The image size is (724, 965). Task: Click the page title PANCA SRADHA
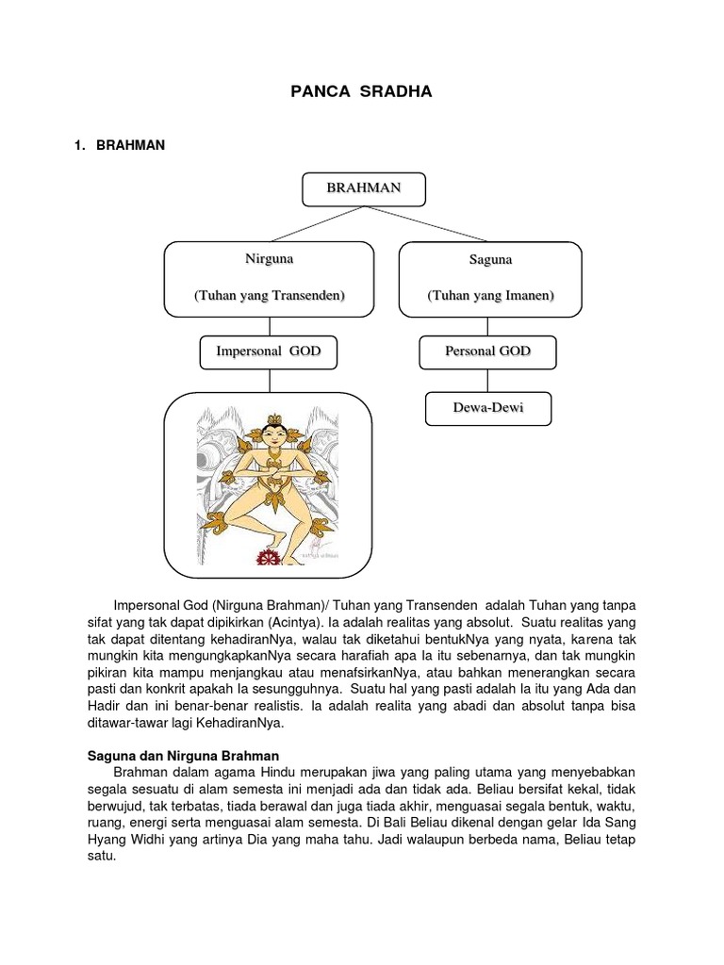pyautogui.click(x=362, y=92)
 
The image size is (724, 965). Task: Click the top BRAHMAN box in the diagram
pyautogui.click(x=363, y=188)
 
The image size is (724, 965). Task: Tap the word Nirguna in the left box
pyautogui.click(x=270, y=258)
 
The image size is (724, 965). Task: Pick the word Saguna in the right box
pyautogui.click(x=489, y=259)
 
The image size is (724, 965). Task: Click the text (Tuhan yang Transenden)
pyautogui.click(x=270, y=296)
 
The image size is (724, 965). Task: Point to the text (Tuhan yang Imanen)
pyautogui.click(x=489, y=296)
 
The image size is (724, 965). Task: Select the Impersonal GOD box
pyautogui.click(x=269, y=351)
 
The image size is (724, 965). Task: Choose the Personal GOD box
pyautogui.click(x=487, y=352)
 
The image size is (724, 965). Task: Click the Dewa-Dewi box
pyautogui.click(x=487, y=409)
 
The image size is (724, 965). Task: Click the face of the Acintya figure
pyautogui.click(x=274, y=439)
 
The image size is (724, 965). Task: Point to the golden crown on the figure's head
pyautogui.click(x=274, y=420)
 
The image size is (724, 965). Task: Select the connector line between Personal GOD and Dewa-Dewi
pyautogui.click(x=487, y=381)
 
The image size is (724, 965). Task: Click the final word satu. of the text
pyautogui.click(x=101, y=858)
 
